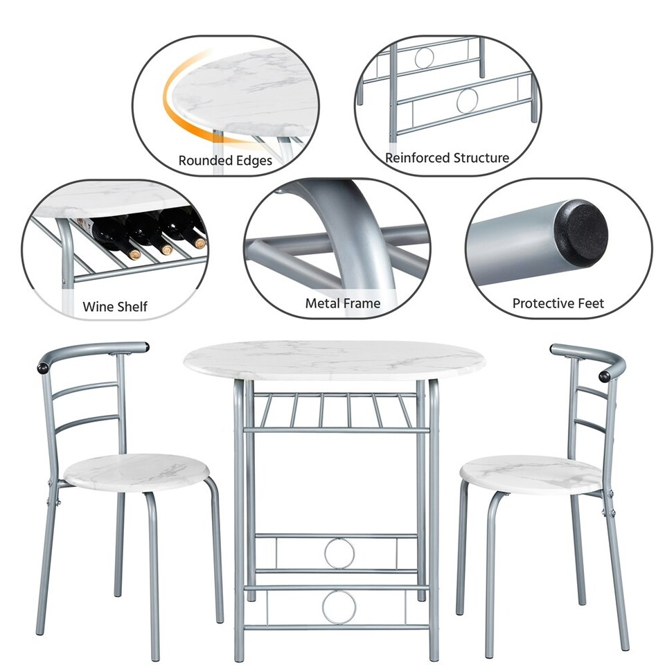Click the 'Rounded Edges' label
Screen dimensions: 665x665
click(x=225, y=161)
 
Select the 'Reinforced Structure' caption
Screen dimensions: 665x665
click(x=447, y=158)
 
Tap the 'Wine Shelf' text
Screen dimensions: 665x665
click(x=115, y=306)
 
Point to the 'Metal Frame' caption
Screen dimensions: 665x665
click(x=342, y=303)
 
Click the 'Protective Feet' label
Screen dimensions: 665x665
click(x=558, y=303)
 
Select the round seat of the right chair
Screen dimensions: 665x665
click(x=531, y=475)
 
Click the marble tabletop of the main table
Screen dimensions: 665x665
click(x=334, y=360)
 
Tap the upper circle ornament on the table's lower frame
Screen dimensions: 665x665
click(x=339, y=553)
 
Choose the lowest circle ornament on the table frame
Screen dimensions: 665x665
click(x=339, y=607)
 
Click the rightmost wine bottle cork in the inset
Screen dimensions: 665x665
click(x=199, y=242)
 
